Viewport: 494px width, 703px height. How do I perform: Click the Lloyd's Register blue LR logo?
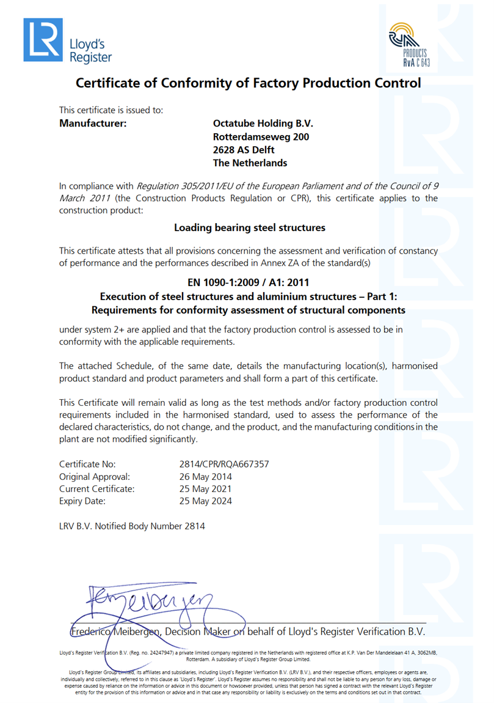click(x=43, y=40)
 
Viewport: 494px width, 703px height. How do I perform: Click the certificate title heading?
click(x=247, y=83)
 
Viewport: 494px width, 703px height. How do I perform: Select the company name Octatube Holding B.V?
click(x=263, y=123)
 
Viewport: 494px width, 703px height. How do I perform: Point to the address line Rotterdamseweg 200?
click(x=261, y=137)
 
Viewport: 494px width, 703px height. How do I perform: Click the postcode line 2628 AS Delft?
click(x=244, y=150)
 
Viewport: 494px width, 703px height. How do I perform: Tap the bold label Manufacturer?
click(x=93, y=123)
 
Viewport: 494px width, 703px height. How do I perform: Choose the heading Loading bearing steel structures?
click(x=250, y=227)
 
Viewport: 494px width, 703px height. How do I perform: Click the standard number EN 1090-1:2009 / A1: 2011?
click(x=249, y=282)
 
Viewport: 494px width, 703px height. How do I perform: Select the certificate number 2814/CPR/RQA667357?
click(x=220, y=464)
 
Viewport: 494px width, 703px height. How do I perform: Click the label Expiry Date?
click(x=82, y=501)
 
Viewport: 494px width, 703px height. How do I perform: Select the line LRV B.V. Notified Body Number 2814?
click(x=132, y=526)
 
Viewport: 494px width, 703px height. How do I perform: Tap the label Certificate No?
click(x=87, y=464)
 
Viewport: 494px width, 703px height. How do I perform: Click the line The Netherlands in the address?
click(x=250, y=163)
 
